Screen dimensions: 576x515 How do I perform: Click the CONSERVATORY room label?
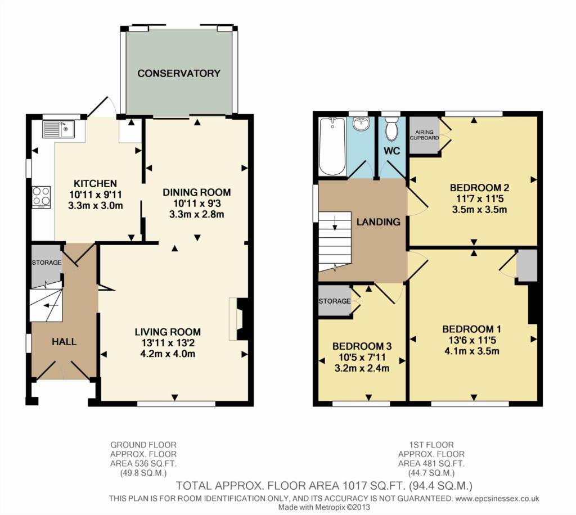pyautogui.click(x=179, y=74)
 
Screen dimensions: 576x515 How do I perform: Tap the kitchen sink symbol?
pyautogui.click(x=58, y=129)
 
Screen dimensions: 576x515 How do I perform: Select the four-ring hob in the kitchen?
pyautogui.click(x=41, y=197)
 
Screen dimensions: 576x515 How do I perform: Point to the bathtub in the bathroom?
pyautogui.click(x=332, y=146)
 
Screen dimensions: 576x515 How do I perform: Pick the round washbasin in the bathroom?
pyautogui.click(x=361, y=124)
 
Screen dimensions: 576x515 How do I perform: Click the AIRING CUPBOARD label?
pyautogui.click(x=424, y=135)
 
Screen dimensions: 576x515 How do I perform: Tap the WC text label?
pyautogui.click(x=392, y=151)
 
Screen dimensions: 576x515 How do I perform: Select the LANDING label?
pyautogui.click(x=379, y=222)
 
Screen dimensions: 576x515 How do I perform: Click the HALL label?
pyautogui.click(x=64, y=342)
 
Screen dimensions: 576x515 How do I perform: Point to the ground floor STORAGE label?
pyautogui.click(x=47, y=263)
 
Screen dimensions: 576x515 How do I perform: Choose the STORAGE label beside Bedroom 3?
pyautogui.click(x=334, y=301)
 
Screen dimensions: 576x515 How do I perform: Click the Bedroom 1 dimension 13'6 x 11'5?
pyautogui.click(x=472, y=340)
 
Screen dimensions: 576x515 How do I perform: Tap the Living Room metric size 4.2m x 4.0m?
pyautogui.click(x=168, y=354)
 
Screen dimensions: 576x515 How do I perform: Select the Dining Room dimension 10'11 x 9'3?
pyautogui.click(x=197, y=203)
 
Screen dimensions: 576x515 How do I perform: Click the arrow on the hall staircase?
pyautogui.click(x=51, y=305)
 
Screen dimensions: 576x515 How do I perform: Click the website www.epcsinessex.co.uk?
pyautogui.click(x=497, y=499)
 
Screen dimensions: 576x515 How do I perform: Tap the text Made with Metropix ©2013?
pyautogui.click(x=324, y=507)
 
